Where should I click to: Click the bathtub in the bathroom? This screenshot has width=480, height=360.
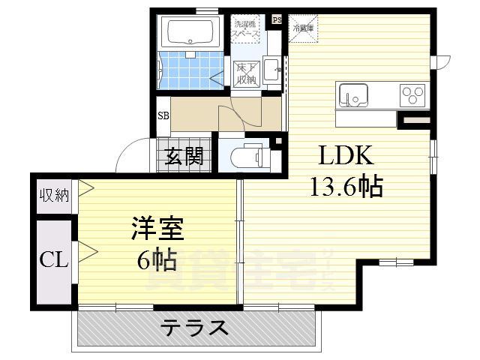(x=190, y=33)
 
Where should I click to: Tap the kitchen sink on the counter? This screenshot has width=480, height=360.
(x=353, y=95)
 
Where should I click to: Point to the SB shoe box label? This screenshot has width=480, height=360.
(x=163, y=115)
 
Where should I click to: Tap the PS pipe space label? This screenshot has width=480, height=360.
(x=277, y=19)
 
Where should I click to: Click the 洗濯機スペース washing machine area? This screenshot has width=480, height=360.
(x=246, y=30)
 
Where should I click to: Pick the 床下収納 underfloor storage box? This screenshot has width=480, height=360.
(x=246, y=73)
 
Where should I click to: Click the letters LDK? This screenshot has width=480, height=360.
(x=346, y=156)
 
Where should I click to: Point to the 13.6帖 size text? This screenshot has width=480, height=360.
(x=346, y=185)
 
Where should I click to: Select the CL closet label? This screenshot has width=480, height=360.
(x=54, y=260)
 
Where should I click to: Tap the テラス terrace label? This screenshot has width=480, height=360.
(x=195, y=328)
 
